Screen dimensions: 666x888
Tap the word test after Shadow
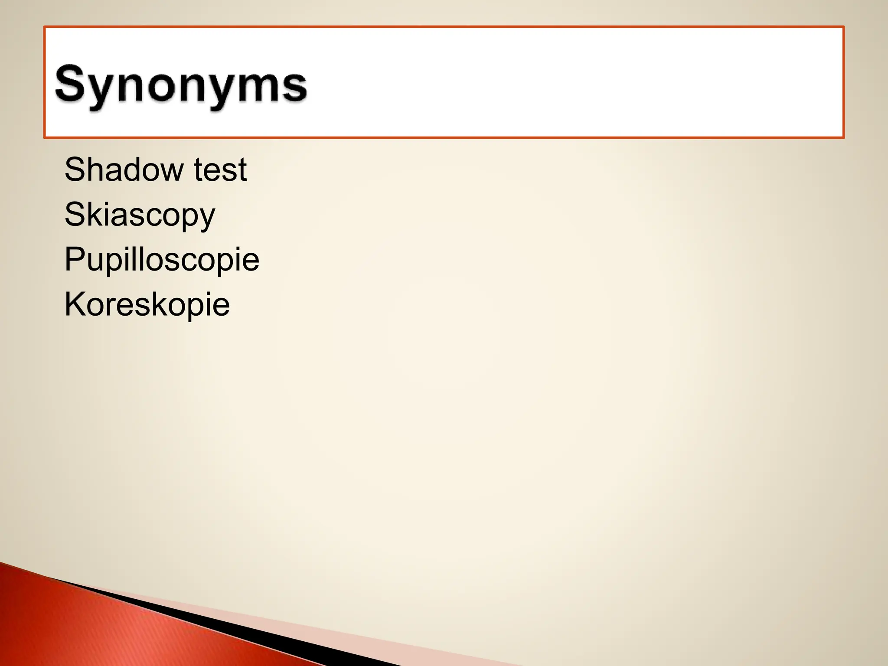tap(220, 169)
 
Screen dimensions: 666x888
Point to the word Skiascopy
tap(140, 215)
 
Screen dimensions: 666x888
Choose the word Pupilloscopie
tap(162, 259)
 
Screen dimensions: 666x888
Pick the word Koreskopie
tap(147, 304)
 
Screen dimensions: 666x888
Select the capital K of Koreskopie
tap(74, 304)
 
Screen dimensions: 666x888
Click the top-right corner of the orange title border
tap(843, 27)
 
